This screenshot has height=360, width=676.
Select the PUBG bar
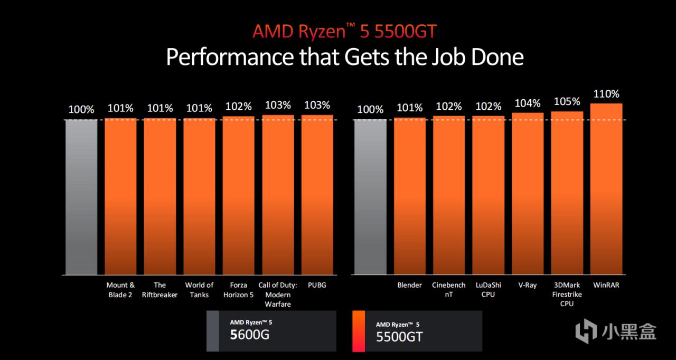pyautogui.click(x=317, y=195)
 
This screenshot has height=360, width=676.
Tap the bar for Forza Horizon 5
pyautogui.click(x=238, y=195)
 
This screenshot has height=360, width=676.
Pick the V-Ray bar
pyautogui.click(x=528, y=194)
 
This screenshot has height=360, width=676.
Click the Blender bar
pyautogui.click(x=410, y=196)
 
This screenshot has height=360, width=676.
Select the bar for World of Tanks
pyautogui.click(x=199, y=196)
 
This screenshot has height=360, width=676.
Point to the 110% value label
pyautogui.click(x=606, y=94)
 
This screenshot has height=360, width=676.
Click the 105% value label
pyautogui.click(x=567, y=101)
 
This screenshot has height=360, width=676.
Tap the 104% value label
pyautogui.click(x=528, y=103)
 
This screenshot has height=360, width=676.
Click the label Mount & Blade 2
pyautogui.click(x=120, y=290)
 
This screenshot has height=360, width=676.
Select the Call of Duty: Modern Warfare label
pyautogui.click(x=278, y=295)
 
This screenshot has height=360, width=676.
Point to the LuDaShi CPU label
pyautogui.click(x=488, y=290)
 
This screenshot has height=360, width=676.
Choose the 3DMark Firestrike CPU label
pyautogui.click(x=567, y=295)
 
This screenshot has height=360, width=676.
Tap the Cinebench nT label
pyautogui.click(x=449, y=290)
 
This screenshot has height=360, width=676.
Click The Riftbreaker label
pyautogui.click(x=160, y=290)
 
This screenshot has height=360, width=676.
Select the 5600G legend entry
pyautogui.click(x=271, y=331)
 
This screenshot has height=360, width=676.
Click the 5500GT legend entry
pyautogui.click(x=417, y=331)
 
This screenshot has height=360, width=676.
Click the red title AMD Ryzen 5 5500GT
pyautogui.click(x=344, y=31)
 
